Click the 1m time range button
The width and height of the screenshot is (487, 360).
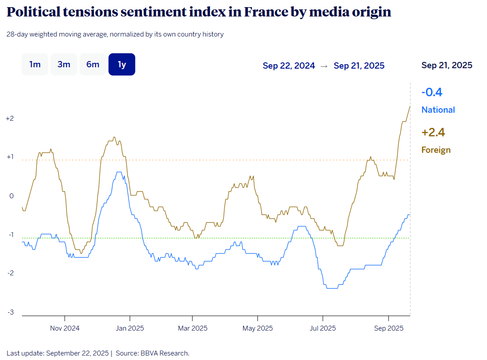pos(35,65)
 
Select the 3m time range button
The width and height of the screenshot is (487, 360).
pos(64,65)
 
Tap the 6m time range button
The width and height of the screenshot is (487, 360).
pos(93,65)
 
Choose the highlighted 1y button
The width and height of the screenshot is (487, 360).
pos(122,65)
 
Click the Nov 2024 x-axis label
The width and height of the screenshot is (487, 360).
pos(65,329)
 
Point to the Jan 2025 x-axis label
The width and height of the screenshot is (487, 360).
pos(130,329)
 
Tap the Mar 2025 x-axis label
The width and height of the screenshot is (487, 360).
pos(193,329)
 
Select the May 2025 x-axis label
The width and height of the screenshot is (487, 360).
pos(257,329)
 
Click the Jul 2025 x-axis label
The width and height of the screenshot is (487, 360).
pos(322,329)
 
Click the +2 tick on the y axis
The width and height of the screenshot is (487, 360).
pos(10,119)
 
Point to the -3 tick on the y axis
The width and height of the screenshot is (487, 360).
pos(10,312)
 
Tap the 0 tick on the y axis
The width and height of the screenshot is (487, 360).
pos(12,196)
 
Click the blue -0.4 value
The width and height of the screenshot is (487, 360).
pos(432,93)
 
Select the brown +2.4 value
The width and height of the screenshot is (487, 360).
pos(433,133)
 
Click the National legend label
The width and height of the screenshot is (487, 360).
pos(438,110)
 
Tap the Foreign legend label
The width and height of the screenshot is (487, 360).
pos(436,150)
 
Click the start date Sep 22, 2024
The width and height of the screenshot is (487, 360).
pos(289,66)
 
